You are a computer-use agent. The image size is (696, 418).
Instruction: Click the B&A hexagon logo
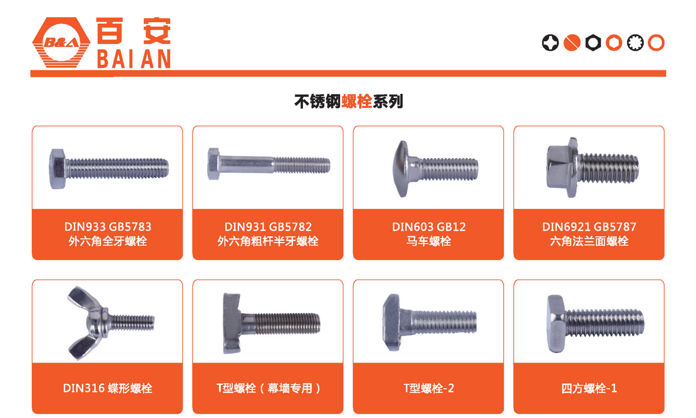[x=61, y=43]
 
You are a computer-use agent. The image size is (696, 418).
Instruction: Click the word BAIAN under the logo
[x=134, y=59]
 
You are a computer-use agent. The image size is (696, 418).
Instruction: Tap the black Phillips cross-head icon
[x=550, y=43]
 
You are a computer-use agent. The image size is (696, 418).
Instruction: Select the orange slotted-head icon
[x=572, y=43]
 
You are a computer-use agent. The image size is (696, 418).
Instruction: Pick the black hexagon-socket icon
[x=593, y=43]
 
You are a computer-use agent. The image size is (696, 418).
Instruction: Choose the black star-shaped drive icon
[x=635, y=43]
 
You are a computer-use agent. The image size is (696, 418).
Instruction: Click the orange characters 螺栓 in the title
[x=357, y=101]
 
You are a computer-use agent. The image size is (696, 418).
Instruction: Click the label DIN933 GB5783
[x=108, y=227]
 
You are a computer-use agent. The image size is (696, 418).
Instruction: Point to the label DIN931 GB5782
[x=268, y=227]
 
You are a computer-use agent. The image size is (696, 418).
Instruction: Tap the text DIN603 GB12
[x=429, y=227]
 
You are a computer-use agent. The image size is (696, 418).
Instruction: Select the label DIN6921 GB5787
[x=589, y=227]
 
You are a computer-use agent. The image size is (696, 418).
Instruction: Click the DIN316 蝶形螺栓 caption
[x=108, y=388]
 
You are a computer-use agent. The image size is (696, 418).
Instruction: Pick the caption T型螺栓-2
[x=429, y=388]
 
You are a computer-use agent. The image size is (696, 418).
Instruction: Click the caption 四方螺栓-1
[x=589, y=388]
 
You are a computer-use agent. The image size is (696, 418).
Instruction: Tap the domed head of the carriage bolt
[x=401, y=169]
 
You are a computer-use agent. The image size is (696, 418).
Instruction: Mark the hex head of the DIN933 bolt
[x=58, y=169]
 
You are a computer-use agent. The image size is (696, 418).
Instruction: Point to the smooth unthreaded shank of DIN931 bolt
[x=247, y=165]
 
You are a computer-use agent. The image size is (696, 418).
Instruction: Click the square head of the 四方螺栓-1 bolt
[x=556, y=324]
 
